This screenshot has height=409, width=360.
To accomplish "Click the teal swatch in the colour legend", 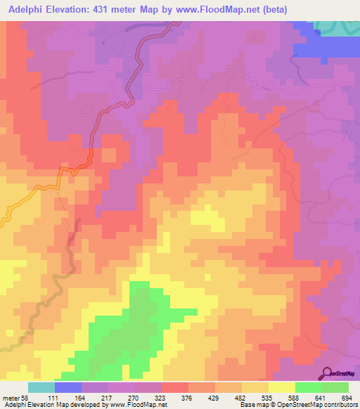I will [x=41, y=387].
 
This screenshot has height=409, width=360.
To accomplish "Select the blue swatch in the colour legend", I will [x=67, y=387].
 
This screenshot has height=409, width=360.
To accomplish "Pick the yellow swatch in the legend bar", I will [x=281, y=387].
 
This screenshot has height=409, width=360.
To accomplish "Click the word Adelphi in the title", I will [x=23, y=9].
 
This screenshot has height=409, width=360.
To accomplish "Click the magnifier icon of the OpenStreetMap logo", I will [x=328, y=372].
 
